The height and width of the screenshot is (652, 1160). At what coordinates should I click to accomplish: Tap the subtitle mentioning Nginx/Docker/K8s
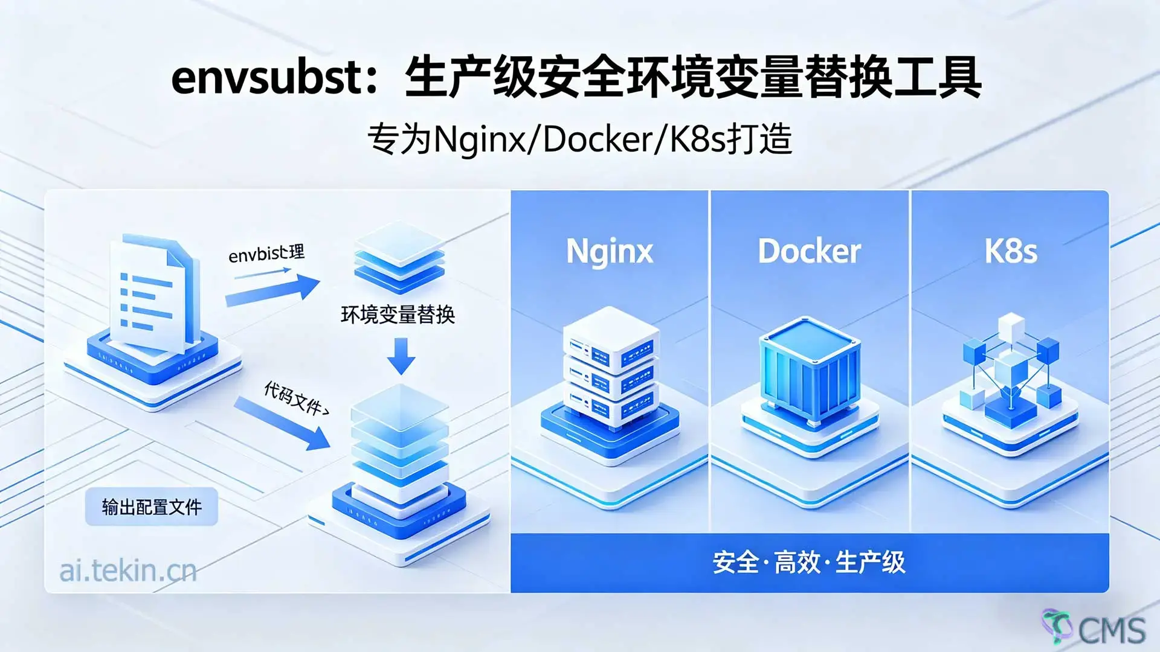point(579,139)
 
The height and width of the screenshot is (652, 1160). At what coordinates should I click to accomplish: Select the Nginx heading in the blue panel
point(609,251)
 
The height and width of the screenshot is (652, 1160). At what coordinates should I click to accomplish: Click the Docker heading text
point(809,251)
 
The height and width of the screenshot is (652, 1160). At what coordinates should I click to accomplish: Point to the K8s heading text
point(1010,251)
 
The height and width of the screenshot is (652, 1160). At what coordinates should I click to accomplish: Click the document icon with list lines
point(154,296)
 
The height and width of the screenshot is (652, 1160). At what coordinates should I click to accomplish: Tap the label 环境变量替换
point(398,315)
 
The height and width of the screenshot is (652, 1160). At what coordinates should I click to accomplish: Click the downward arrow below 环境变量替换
point(401,356)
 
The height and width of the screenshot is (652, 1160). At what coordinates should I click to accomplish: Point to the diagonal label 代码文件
point(296,398)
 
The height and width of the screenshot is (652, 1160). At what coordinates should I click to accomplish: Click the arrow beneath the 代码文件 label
point(283,424)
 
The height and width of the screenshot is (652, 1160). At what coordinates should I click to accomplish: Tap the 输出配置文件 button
point(151,507)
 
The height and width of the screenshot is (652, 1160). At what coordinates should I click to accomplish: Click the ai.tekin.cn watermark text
point(128,570)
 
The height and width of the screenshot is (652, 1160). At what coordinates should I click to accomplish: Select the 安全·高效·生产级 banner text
point(809,563)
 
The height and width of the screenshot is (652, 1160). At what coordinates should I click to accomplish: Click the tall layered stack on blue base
point(400,459)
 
